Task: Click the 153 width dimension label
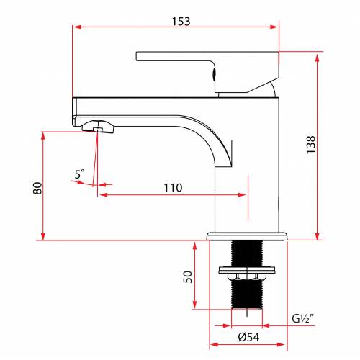point(181,22)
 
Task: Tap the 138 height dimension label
point(311,145)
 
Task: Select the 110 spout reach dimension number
point(173,188)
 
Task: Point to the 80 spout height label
point(37,189)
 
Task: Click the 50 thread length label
point(188,276)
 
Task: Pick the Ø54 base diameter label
point(248,337)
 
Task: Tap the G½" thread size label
point(303,318)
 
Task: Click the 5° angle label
point(79,174)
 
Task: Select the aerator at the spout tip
point(98,127)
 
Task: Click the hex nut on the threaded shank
point(247,276)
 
